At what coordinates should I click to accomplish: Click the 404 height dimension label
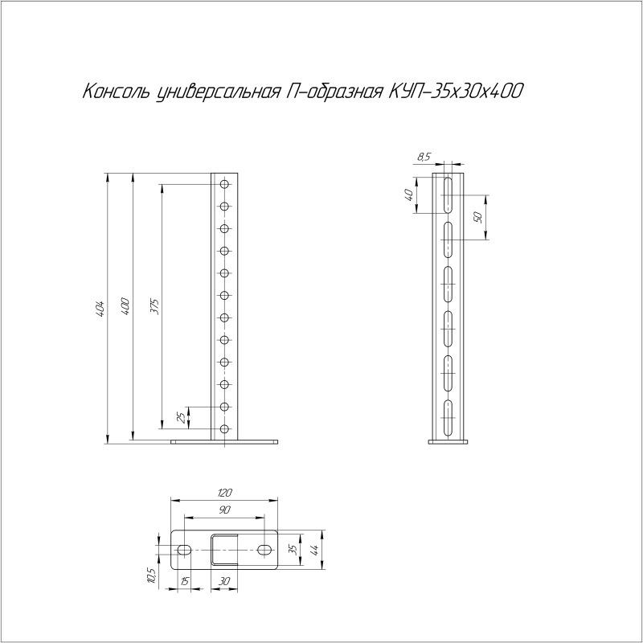tap(100, 307)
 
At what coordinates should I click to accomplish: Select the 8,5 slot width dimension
tap(424, 157)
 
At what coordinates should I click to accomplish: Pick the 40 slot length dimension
tap(408, 195)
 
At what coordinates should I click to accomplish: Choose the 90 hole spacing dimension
tap(225, 510)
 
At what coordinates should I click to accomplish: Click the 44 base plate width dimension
tap(315, 550)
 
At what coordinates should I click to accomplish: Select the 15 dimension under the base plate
tap(184, 581)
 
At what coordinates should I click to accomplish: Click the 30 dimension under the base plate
tap(225, 581)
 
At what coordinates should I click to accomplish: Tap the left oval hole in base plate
tap(184, 550)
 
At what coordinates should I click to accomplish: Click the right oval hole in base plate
tap(265, 550)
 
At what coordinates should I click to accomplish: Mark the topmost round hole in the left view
tap(224, 185)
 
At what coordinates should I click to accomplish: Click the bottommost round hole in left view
tap(224, 428)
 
